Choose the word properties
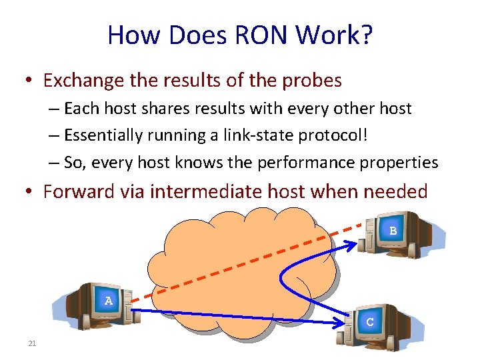(399, 163)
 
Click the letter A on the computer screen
(109, 301)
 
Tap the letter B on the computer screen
(393, 231)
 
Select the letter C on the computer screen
(369, 321)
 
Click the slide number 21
(32, 344)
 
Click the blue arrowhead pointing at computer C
(337, 323)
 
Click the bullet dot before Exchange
(28, 81)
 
